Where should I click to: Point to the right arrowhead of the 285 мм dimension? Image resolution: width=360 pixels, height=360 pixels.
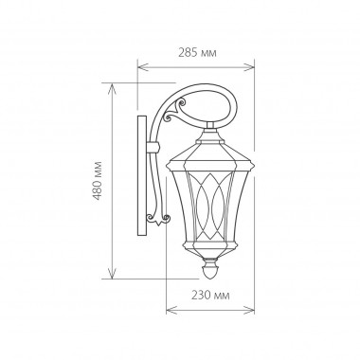[x=255, y=66]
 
